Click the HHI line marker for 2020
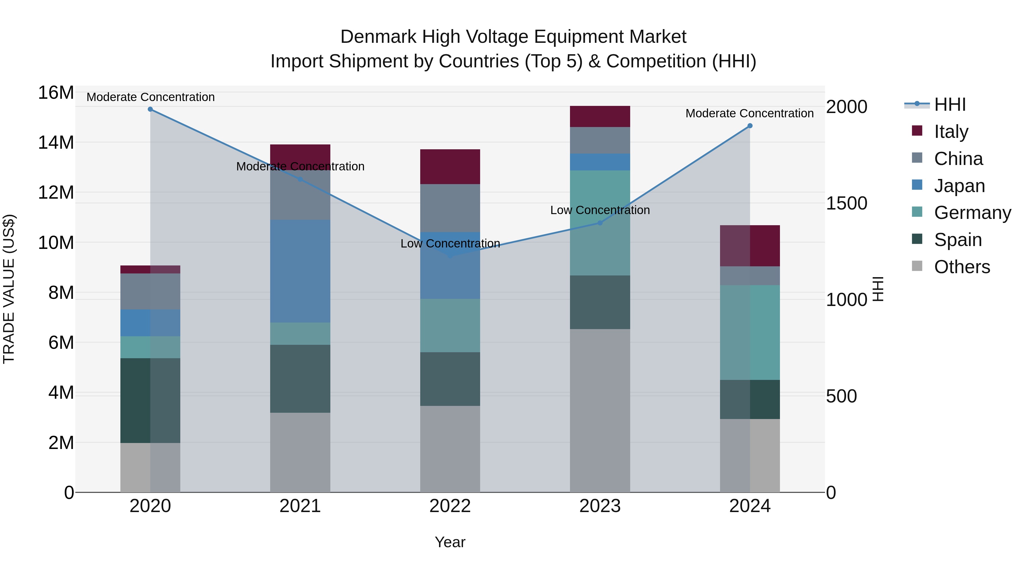(x=150, y=109)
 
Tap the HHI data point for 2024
(x=750, y=126)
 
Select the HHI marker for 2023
(x=600, y=223)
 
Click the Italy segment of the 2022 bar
(x=450, y=167)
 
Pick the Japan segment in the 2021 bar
(x=300, y=271)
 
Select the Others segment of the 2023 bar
(x=600, y=411)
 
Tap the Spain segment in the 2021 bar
(x=300, y=379)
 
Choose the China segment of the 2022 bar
(x=450, y=208)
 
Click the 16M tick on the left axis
(x=56, y=92)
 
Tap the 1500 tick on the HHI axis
(x=846, y=204)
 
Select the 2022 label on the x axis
(x=450, y=506)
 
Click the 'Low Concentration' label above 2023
(x=600, y=210)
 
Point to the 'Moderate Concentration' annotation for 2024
(x=749, y=113)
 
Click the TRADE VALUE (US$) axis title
(x=9, y=289)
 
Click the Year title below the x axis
(x=450, y=542)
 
